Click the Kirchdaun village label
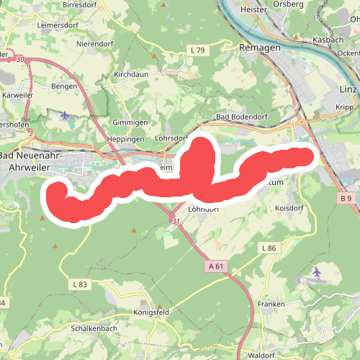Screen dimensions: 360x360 click(131, 74)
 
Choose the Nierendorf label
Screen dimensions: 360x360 click(95, 42)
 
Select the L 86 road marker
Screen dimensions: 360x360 click(269, 248)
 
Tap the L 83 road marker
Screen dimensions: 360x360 click(80, 285)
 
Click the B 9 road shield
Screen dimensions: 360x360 click(347, 198)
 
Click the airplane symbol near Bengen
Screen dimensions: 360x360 click(66, 115)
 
